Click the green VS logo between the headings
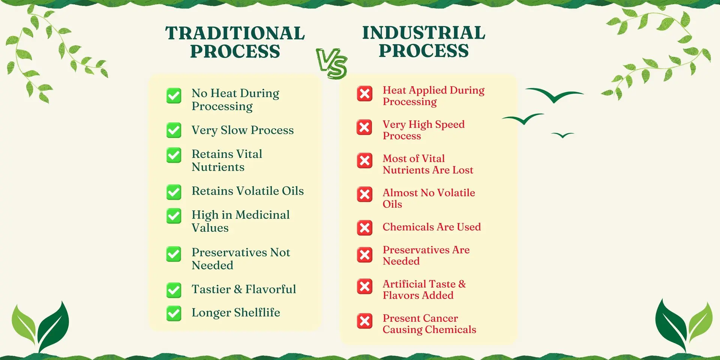332,63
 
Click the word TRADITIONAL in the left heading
235,33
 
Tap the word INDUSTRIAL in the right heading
424,33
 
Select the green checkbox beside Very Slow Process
174,130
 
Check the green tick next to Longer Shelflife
174,313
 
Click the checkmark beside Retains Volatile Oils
174,192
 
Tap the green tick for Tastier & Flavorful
174,290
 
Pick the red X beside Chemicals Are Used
364,228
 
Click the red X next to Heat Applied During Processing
364,94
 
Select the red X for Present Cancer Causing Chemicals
364,321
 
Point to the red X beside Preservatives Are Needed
364,255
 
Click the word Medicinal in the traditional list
262,215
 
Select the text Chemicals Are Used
432,227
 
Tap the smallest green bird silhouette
562,135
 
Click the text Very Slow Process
243,130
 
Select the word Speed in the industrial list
450,125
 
